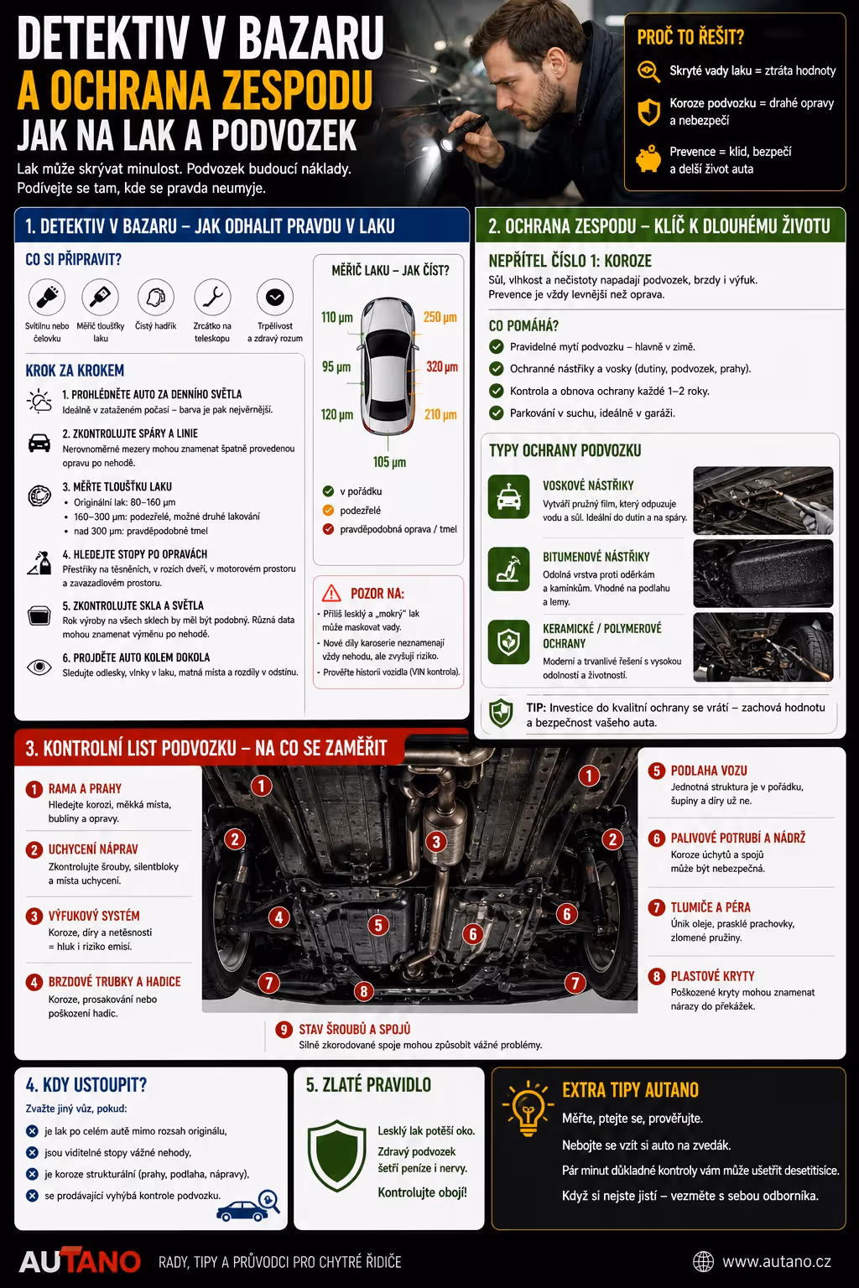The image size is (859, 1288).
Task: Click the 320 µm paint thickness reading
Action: click(x=442, y=366)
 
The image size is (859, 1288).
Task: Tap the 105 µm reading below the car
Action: click(x=389, y=462)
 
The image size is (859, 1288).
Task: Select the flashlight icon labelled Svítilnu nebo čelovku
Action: click(x=47, y=297)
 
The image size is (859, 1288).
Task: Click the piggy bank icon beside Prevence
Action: click(x=648, y=159)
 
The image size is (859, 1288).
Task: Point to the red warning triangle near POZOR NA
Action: click(x=331, y=593)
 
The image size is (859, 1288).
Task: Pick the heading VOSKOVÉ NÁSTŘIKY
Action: click(x=588, y=486)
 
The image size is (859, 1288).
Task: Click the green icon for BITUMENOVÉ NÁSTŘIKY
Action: click(x=508, y=569)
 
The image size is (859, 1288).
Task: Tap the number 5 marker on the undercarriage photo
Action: click(x=378, y=925)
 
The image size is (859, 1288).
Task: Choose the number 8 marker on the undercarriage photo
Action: click(x=363, y=990)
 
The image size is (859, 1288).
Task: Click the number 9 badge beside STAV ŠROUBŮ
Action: click(x=284, y=1029)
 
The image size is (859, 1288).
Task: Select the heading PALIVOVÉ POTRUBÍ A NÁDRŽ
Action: click(x=738, y=838)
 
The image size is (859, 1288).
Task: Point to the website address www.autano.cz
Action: click(x=777, y=1261)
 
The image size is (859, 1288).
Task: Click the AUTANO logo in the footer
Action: click(x=80, y=1260)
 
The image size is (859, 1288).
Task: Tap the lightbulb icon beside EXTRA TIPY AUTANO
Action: click(x=528, y=1108)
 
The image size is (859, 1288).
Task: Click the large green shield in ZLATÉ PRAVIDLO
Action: click(x=337, y=1155)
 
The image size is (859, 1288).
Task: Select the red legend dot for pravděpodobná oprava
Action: click(x=329, y=529)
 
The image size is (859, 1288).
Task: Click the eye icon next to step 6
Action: click(x=39, y=667)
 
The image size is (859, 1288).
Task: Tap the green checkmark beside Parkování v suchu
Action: click(x=496, y=413)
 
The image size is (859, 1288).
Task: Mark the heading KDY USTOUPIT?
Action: click(x=86, y=1084)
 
